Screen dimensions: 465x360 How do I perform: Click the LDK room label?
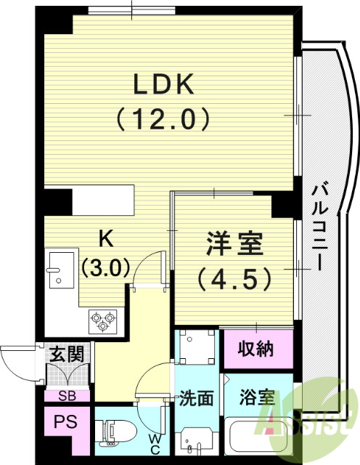(x=163, y=85)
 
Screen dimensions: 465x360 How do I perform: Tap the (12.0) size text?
(x=163, y=118)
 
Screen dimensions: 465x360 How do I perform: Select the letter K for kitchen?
(x=106, y=238)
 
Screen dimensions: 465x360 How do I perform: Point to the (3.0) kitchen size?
(x=106, y=267)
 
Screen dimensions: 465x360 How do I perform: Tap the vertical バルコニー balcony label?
(x=320, y=226)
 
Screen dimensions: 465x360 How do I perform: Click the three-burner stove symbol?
(x=102, y=320)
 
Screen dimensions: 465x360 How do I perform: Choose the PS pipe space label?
(x=65, y=422)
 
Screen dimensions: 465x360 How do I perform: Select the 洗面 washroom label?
(x=196, y=398)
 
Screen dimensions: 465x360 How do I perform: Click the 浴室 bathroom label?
(x=258, y=398)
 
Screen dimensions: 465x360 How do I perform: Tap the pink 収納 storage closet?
(x=257, y=349)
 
